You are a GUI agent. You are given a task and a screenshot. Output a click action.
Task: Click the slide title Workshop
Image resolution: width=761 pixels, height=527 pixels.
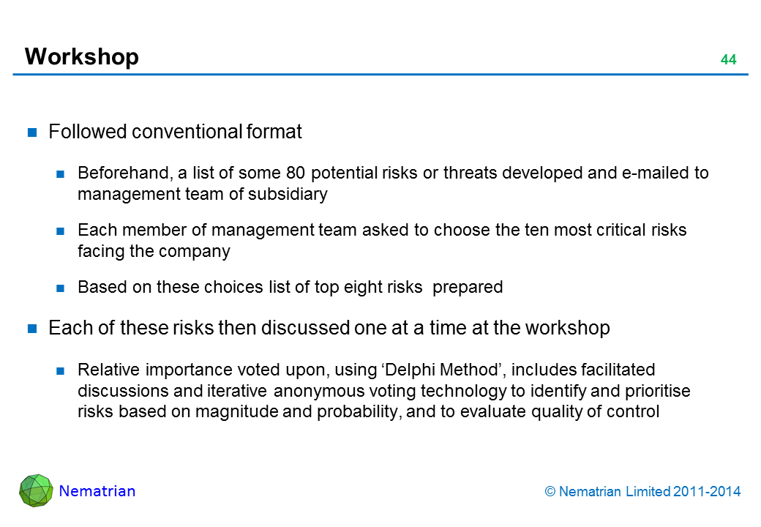[81, 57]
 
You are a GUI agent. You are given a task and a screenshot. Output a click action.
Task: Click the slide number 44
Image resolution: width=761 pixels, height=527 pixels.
[729, 59]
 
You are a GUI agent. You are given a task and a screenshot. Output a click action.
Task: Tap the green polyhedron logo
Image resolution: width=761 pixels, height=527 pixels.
[36, 490]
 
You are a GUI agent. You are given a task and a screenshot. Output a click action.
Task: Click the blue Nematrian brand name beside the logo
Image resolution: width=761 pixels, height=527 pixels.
[97, 491]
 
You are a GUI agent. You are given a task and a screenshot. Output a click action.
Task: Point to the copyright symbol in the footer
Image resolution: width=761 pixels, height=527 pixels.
[550, 492]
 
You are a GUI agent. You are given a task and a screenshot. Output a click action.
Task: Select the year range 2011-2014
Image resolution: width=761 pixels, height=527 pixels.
[707, 492]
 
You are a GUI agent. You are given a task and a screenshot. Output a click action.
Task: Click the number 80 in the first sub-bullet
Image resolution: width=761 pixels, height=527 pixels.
[296, 173]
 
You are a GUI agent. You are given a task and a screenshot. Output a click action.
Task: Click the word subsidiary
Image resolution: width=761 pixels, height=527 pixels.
[288, 194]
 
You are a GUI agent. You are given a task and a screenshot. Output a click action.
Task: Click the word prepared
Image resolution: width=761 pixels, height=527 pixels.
[468, 287]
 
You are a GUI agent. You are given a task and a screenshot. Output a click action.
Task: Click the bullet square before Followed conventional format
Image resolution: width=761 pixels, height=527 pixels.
[32, 132]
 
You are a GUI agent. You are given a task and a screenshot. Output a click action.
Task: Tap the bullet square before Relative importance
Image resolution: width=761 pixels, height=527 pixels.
[60, 371]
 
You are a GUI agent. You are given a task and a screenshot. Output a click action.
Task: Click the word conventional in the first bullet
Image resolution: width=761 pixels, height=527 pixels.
[187, 132]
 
